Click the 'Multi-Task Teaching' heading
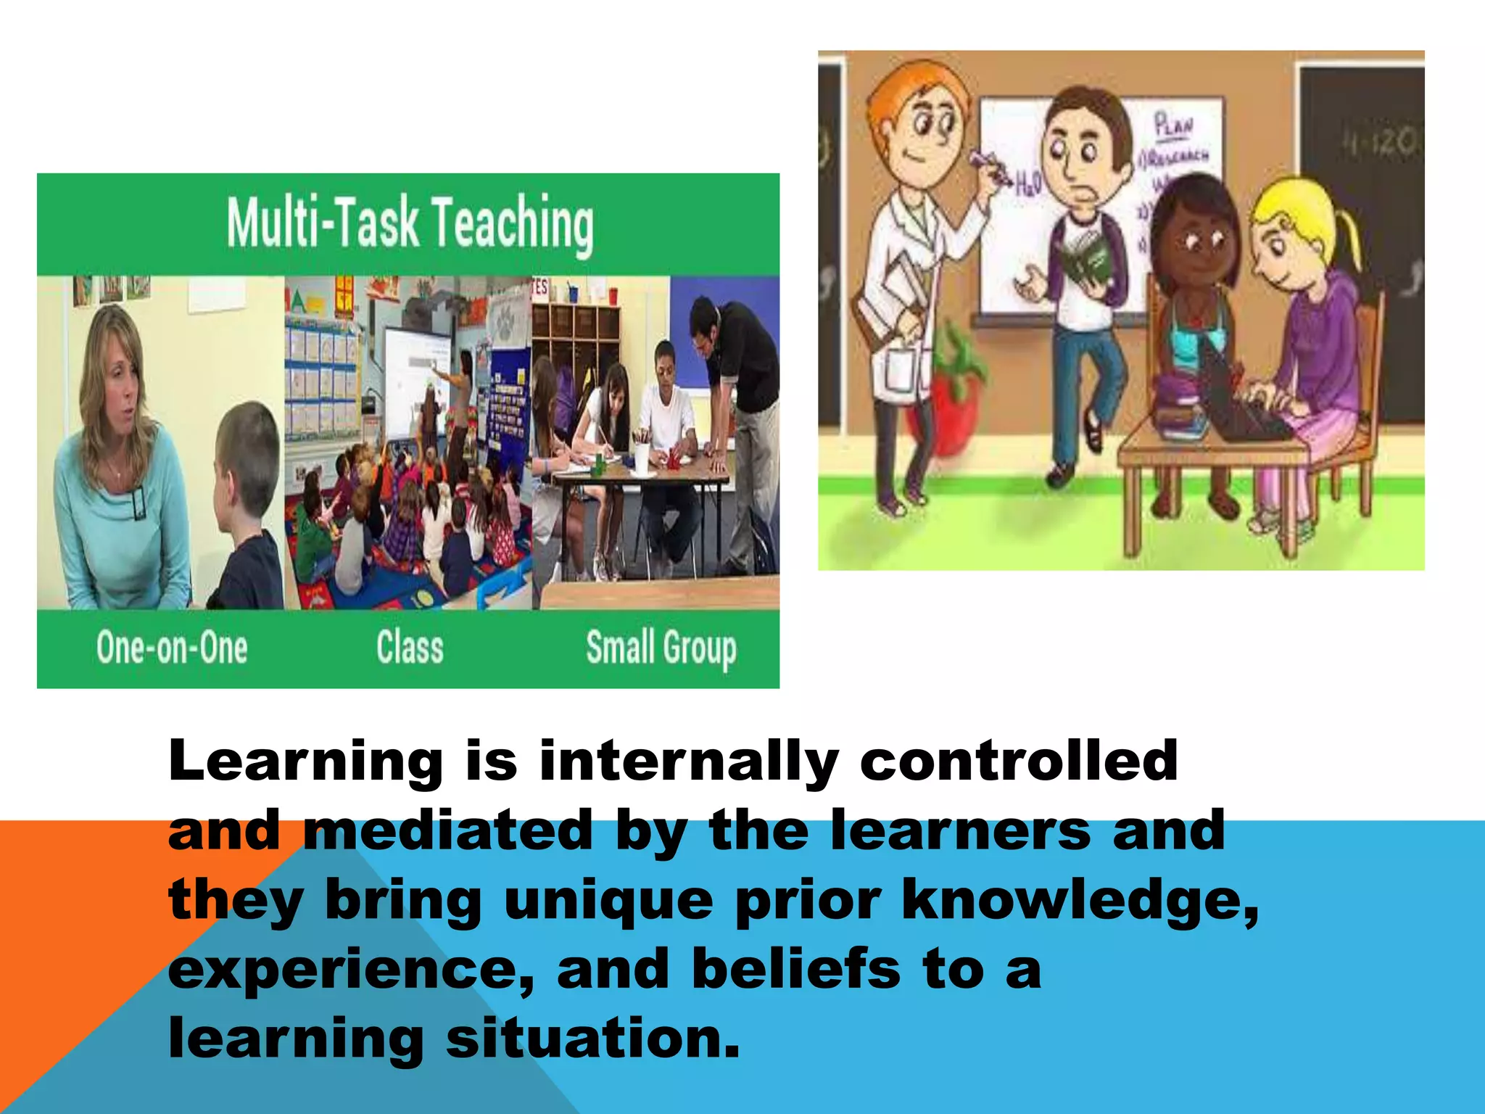[410, 224]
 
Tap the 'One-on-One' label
[172, 648]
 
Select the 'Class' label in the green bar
[410, 648]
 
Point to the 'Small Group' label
[661, 648]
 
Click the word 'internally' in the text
[688, 761]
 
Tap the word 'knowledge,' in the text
[1080, 900]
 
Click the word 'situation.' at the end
[592, 1039]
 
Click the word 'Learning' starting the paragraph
[305, 761]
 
